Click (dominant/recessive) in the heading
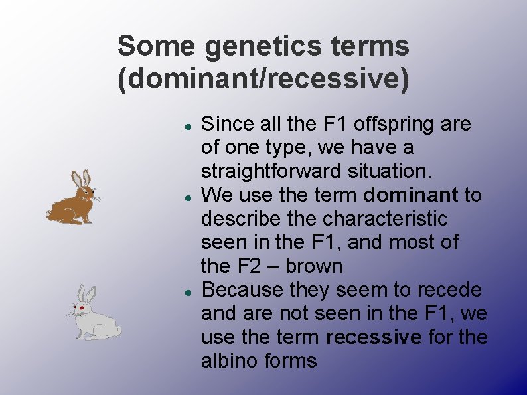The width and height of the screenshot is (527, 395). point(263,79)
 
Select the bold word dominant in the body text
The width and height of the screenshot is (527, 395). point(411,195)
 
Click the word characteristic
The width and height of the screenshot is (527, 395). point(382,219)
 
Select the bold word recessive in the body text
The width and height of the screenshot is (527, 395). point(374,337)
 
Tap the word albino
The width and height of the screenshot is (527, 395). point(232,361)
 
